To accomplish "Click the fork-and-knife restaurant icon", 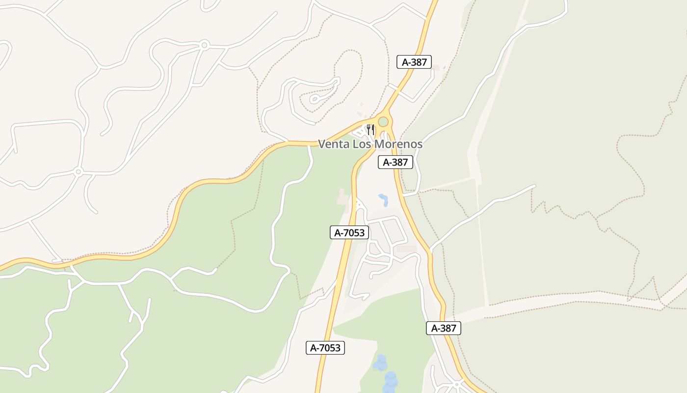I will coord(370,130).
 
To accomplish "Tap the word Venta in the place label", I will coord(334,144).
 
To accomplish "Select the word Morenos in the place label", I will coord(398,144).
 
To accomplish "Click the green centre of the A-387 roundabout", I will coord(383,121).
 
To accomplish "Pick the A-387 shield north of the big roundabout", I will coord(414,62).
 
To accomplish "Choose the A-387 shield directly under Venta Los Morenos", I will coord(395,162).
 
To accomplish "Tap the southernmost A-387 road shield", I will coord(443,328).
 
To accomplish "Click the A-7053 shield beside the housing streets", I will coord(349,233).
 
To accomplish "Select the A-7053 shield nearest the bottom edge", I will coord(325,348).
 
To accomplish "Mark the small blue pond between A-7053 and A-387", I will coord(383,199).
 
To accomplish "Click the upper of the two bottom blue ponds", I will coord(380,363).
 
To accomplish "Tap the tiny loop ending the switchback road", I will coord(314,99).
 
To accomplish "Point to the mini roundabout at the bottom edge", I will coord(457,384).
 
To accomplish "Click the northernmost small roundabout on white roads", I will coord(204,45).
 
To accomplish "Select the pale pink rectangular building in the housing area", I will coord(406,249).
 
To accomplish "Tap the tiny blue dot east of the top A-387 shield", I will coord(444,68).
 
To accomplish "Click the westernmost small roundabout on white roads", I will coord(78,171).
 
